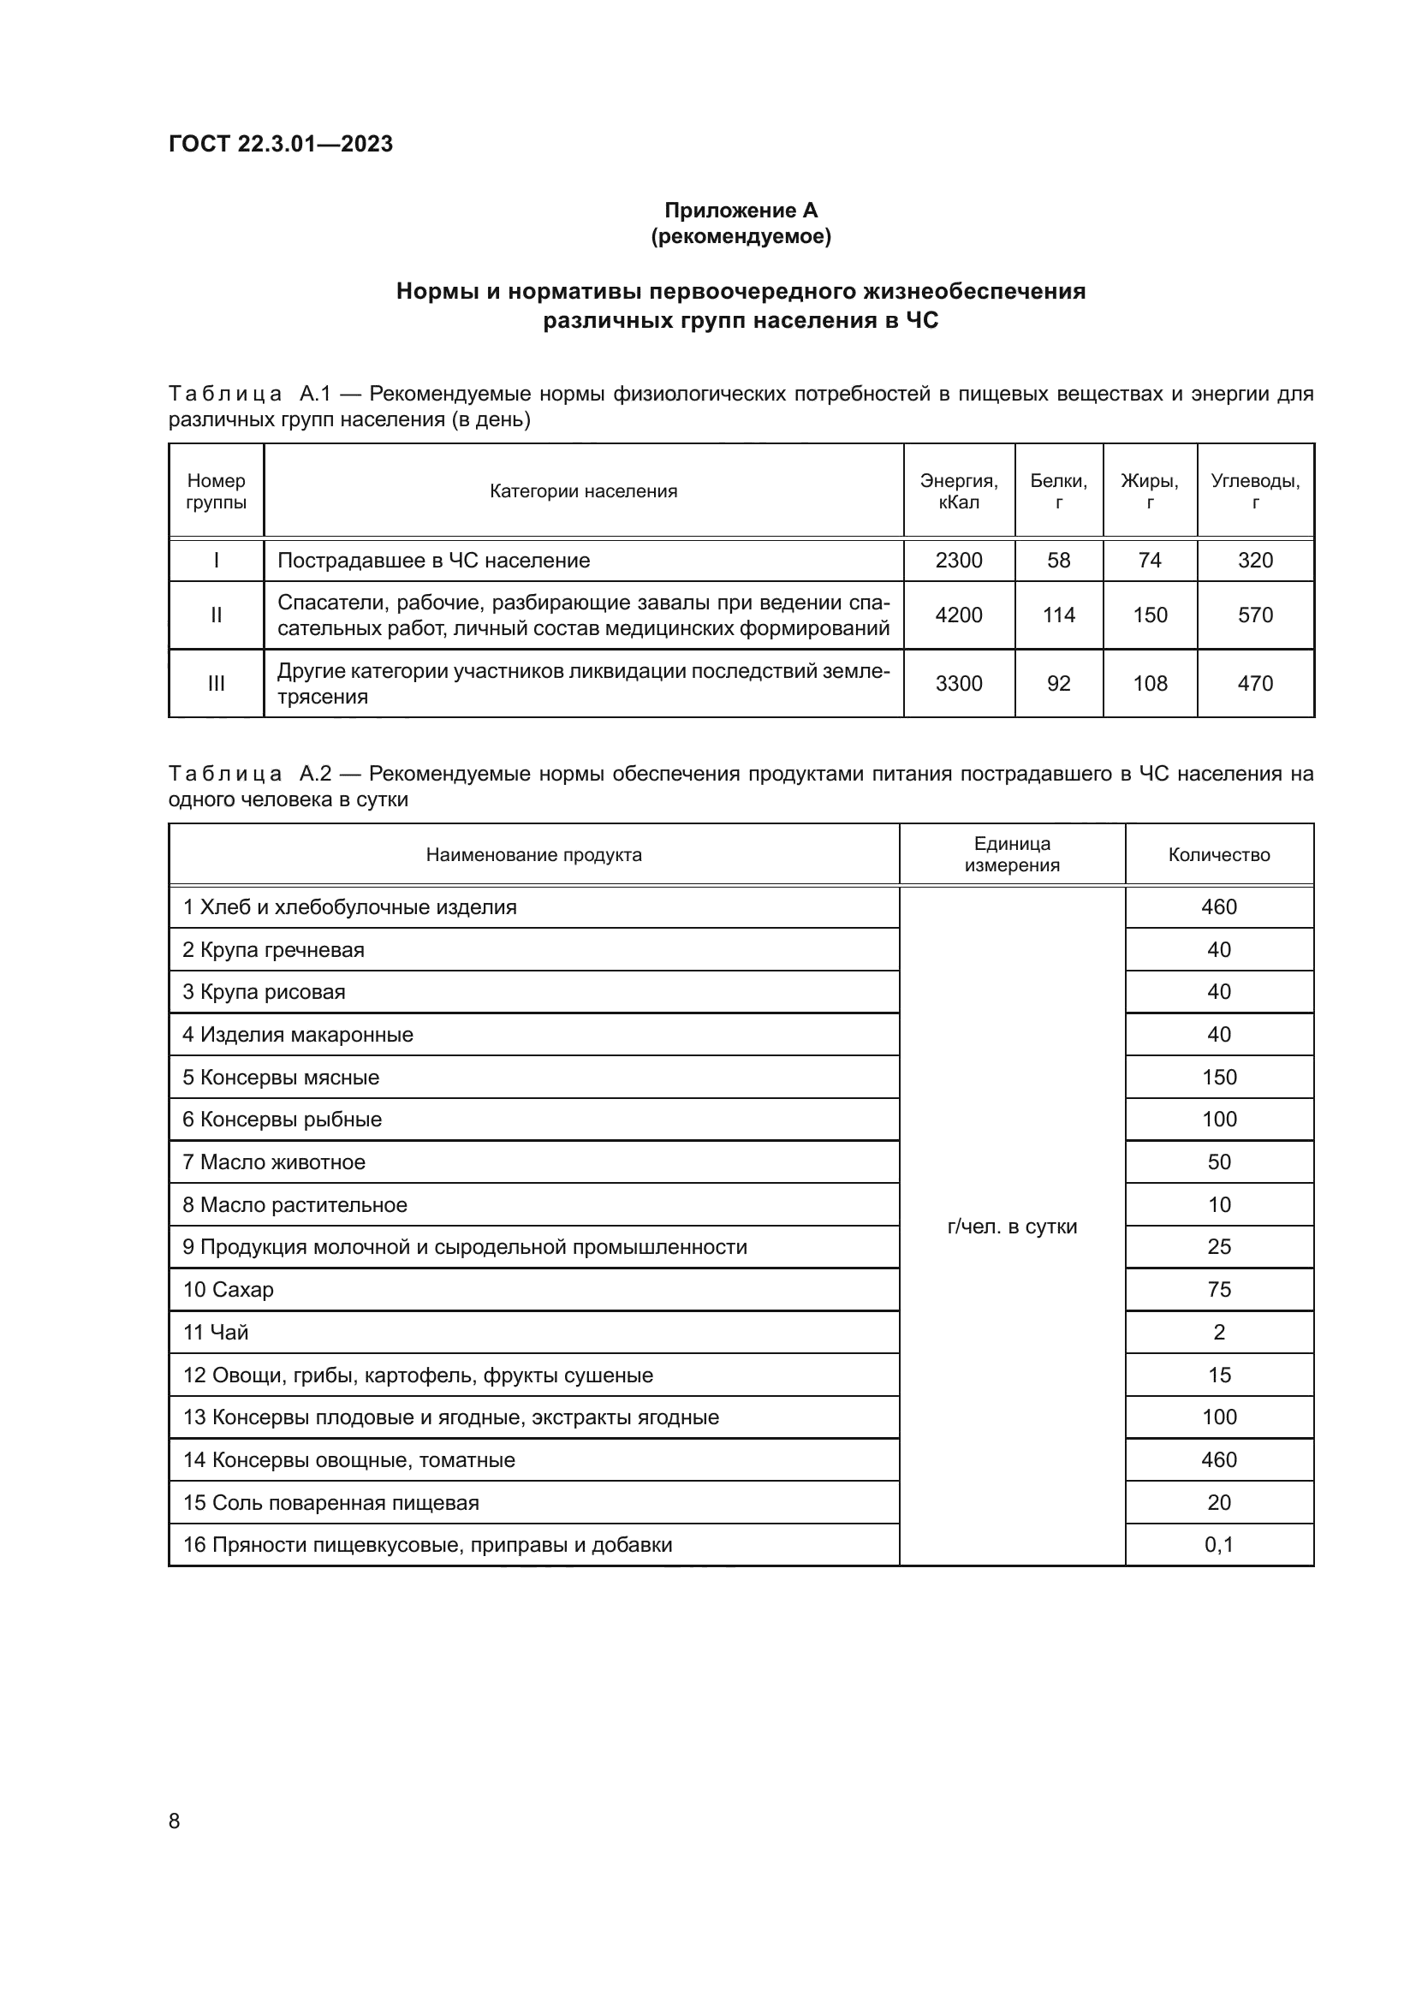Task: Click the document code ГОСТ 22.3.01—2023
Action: (280, 144)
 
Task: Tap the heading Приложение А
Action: (741, 211)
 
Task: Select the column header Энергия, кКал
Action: (958, 491)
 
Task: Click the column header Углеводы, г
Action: (1255, 491)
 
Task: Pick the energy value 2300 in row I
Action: (958, 561)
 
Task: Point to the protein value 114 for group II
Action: (1058, 615)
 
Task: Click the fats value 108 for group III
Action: (1149, 684)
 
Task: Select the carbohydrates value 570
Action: (1255, 615)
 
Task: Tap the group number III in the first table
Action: (217, 684)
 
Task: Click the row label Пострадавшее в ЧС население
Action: (433, 561)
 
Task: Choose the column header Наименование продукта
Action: (533, 854)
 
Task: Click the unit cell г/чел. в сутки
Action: (1011, 1226)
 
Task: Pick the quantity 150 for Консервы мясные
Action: (1218, 1077)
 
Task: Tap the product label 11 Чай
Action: (216, 1333)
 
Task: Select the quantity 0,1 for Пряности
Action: (1218, 1545)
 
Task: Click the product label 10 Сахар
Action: (228, 1290)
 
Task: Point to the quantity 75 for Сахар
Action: (1218, 1290)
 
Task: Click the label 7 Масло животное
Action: (274, 1162)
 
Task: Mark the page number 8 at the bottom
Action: (175, 1821)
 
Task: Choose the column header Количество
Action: (1218, 854)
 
